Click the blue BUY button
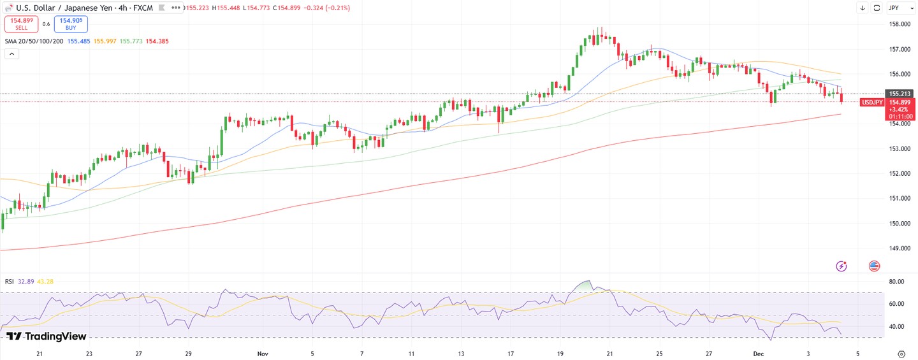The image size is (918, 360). point(71,24)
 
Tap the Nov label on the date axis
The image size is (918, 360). point(263,353)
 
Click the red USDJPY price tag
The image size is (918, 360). point(871,103)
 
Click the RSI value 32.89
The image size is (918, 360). point(26,282)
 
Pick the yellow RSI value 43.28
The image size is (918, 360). point(45,282)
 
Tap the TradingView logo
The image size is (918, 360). point(46,336)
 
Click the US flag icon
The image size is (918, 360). point(874,266)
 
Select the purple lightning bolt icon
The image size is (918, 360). point(841,266)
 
